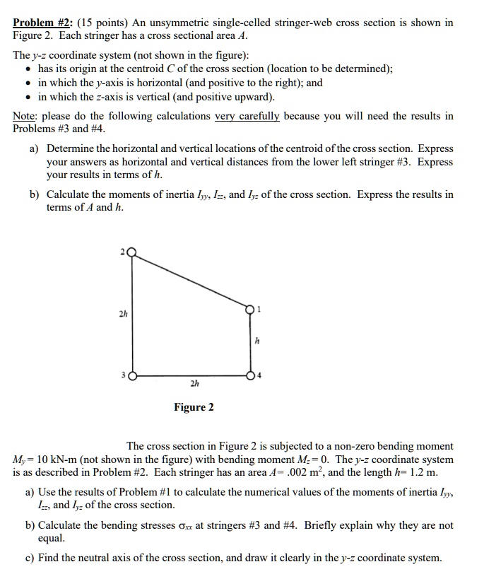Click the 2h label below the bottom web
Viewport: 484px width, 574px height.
click(192, 385)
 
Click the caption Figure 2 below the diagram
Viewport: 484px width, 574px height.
click(194, 407)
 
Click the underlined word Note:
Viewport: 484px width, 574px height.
click(27, 116)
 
